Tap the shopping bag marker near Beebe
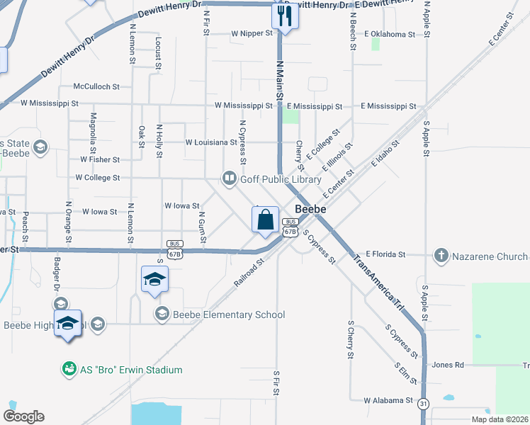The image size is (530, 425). pos(265,220)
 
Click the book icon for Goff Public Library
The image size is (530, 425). pos(230,178)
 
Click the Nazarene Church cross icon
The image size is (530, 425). pos(441,254)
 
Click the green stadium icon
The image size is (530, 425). pos(69,369)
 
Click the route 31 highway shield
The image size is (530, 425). pos(424,403)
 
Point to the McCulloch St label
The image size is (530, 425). pos(96,86)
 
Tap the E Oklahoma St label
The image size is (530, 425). pos(389,33)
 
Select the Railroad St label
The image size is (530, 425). pos(249,273)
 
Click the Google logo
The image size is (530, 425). pos(23,416)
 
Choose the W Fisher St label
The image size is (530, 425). pos(99,160)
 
